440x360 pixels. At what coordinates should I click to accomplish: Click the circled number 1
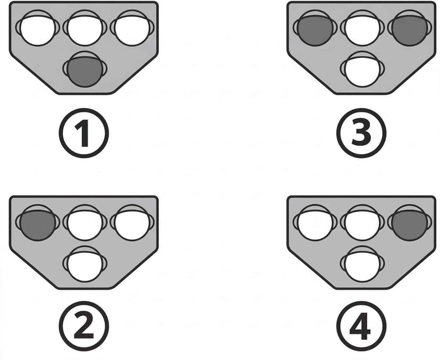point(83,133)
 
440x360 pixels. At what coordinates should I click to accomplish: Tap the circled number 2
point(83,326)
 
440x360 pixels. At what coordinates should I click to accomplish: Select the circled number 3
point(361,133)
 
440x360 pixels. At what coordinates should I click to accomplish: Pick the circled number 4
point(361,326)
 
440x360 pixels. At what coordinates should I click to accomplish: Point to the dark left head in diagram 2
point(37,222)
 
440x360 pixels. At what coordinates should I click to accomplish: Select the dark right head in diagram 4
point(409,222)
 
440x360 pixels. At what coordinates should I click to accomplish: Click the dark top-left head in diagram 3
point(315,28)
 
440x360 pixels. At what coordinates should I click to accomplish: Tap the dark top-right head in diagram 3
point(409,28)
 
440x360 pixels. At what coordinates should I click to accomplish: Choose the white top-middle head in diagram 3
point(362,28)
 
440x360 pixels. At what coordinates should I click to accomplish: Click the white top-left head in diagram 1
point(37,28)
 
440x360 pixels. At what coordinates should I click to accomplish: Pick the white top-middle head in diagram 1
point(84,28)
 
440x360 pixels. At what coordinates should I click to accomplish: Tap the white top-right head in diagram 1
point(132,28)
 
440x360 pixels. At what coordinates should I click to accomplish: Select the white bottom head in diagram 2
point(84,264)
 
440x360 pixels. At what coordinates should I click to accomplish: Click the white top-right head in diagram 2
point(132,222)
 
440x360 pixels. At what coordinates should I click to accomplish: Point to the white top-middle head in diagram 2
point(84,222)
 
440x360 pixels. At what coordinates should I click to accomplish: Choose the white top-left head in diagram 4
point(315,222)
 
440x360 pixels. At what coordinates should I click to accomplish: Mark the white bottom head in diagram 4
point(362,264)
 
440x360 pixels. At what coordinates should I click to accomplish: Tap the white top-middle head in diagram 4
point(362,222)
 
